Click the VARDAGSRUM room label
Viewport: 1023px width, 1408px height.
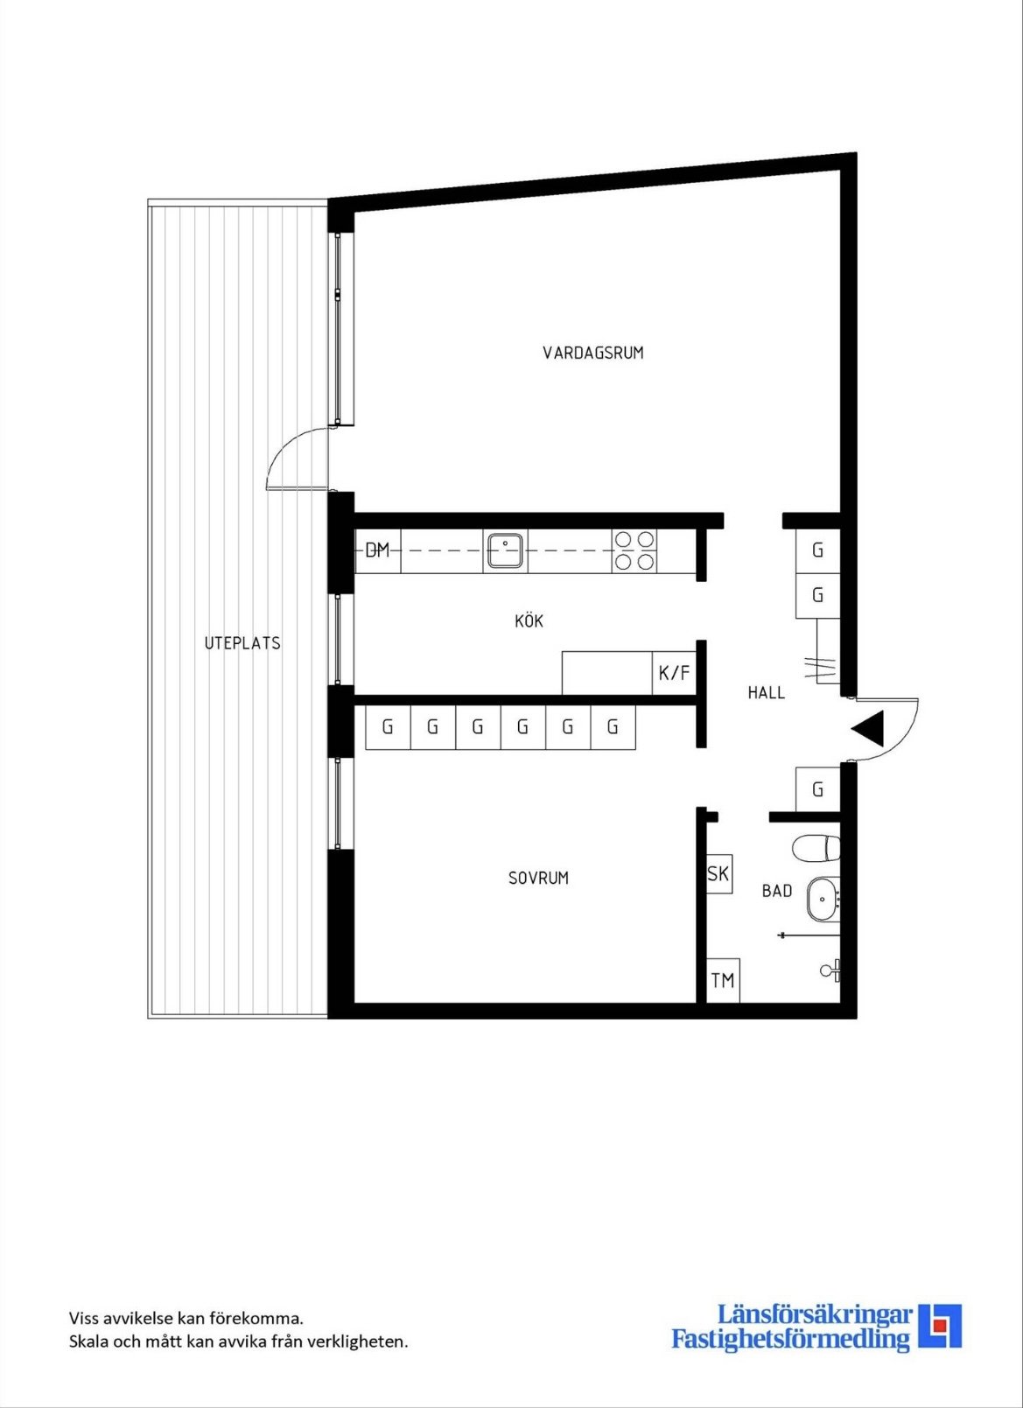click(593, 353)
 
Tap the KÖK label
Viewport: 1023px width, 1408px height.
click(529, 621)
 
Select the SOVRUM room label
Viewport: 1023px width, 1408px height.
click(538, 878)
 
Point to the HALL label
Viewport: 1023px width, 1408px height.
click(766, 693)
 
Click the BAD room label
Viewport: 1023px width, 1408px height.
click(776, 891)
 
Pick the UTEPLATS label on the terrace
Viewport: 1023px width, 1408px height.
click(242, 644)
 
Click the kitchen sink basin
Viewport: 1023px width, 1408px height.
click(505, 550)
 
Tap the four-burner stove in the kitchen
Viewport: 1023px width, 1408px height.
click(634, 550)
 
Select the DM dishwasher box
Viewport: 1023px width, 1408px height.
click(378, 551)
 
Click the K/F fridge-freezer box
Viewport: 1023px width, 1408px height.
click(675, 673)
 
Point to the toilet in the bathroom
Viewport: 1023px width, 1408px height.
click(816, 849)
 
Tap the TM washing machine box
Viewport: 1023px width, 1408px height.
click(723, 981)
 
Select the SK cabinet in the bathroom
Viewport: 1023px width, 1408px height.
click(718, 874)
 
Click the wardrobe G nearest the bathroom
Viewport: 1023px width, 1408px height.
click(818, 789)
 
